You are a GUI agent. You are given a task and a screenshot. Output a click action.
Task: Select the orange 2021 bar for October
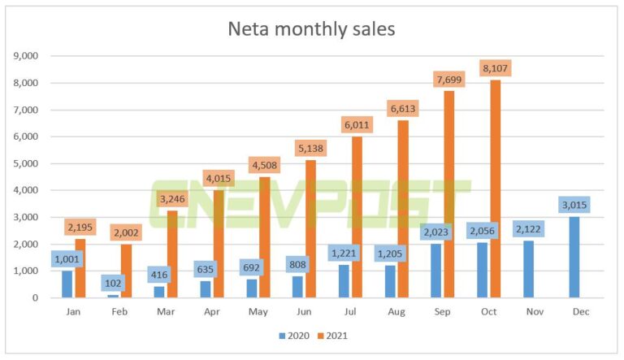coord(496,195)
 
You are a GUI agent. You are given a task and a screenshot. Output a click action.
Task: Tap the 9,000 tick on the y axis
coord(27,56)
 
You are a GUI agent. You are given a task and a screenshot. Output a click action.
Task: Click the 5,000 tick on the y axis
coord(27,163)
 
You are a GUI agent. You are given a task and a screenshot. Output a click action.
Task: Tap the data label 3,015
coord(574,204)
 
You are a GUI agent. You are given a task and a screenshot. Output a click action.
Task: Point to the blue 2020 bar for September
coord(436,271)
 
